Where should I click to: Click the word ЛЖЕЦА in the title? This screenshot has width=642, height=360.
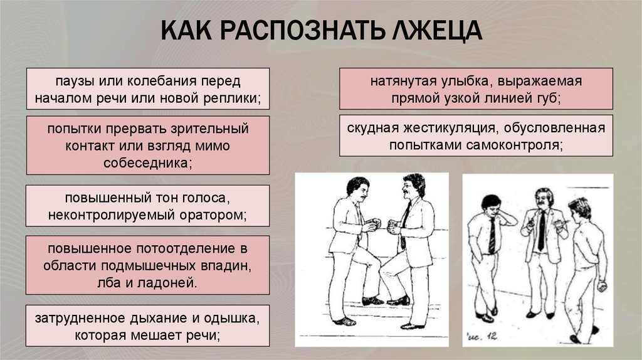point(437,31)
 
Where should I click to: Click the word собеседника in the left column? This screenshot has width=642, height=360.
point(148,163)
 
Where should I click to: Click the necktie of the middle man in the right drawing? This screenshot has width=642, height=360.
point(542,230)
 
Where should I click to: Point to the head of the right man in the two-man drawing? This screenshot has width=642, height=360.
point(413,186)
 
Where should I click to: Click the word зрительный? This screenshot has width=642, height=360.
point(209,129)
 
